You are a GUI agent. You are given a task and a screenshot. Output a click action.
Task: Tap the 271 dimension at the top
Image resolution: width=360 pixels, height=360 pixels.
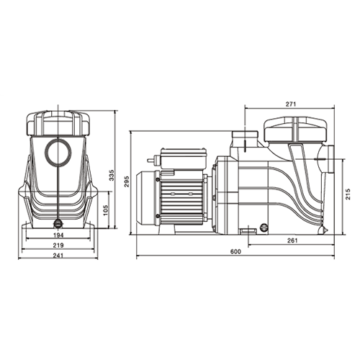click(x=290, y=104)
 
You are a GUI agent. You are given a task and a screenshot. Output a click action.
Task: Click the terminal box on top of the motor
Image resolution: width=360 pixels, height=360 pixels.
click(x=181, y=156)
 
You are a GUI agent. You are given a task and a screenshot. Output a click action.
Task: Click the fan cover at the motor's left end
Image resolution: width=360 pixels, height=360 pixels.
click(x=149, y=194)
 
